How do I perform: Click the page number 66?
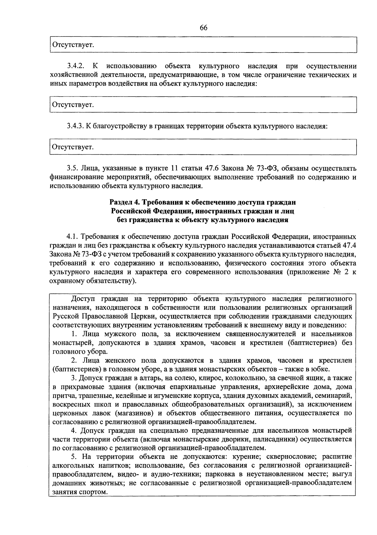click(x=204, y=28)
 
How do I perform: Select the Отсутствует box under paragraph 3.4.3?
click(x=203, y=147)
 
